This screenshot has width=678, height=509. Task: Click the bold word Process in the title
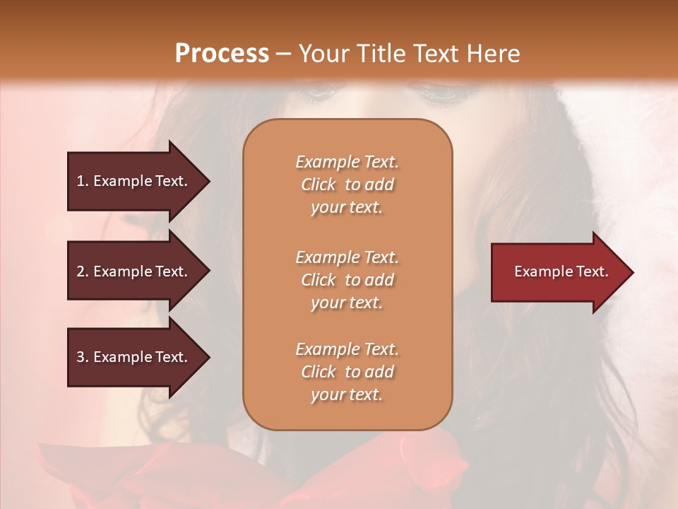pos(222,54)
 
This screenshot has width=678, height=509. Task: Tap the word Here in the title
pos(494,54)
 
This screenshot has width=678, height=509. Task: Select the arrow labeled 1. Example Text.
pos(134,181)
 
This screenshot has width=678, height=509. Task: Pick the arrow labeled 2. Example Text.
pos(134,271)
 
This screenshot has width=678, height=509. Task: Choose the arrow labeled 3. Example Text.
pos(134,357)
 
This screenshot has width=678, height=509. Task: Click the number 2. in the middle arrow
pos(83,271)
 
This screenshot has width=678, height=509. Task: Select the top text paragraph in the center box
pos(347,185)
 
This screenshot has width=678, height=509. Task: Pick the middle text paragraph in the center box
pos(347,280)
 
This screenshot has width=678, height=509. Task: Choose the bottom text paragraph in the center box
pos(347,372)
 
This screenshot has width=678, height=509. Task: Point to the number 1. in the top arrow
pos(83,181)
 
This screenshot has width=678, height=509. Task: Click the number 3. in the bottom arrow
pos(83,357)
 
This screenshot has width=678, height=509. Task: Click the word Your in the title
pos(322,54)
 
